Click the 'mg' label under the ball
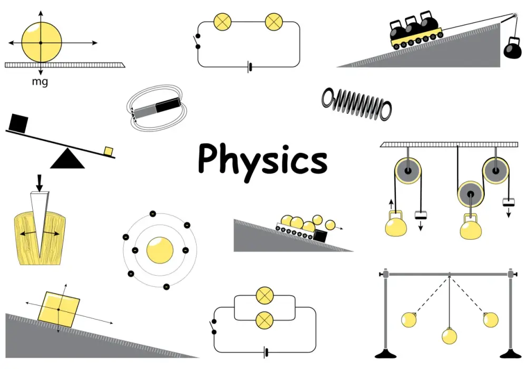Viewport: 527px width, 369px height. pos(40,82)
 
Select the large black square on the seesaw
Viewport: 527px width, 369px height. pos(18,123)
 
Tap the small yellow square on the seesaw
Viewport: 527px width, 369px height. pos(109,151)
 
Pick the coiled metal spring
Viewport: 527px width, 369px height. pos(357,104)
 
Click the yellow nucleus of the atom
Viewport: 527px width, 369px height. pos(160,250)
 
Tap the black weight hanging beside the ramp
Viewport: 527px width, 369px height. pos(513,48)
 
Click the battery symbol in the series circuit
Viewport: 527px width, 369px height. pos(249,67)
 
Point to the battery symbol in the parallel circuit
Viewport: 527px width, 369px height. pos(266,353)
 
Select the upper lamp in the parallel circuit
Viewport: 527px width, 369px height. pos(265,296)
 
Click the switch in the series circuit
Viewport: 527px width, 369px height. pos(197,41)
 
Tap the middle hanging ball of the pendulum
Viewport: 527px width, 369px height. pos(450,335)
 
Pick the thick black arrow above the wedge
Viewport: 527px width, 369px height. pos(40,183)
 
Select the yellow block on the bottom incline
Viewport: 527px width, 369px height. pos(58,309)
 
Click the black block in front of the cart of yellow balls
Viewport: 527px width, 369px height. pos(320,236)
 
